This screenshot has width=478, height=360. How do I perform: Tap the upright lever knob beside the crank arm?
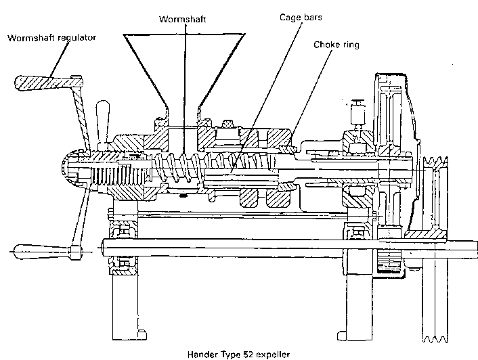click(104, 118)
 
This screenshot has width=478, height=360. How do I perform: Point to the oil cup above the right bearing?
click(357, 112)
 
